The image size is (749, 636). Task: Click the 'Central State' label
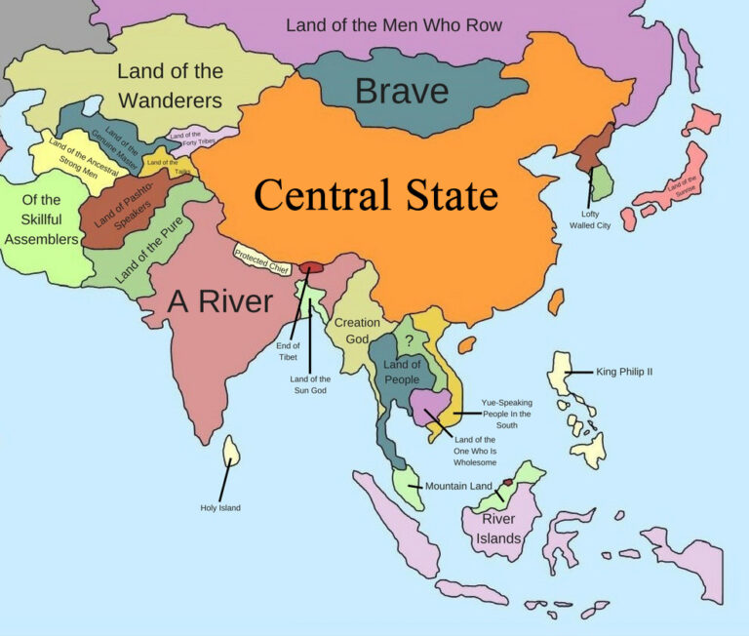point(375,195)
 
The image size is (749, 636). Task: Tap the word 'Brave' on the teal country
point(402,91)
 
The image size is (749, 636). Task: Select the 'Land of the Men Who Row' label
point(394,24)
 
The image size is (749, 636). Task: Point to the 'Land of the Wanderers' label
point(170,85)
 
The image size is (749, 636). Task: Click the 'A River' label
point(219,301)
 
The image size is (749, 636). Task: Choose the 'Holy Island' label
point(219,507)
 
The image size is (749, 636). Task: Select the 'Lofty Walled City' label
point(590,219)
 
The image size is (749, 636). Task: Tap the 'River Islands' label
point(500,528)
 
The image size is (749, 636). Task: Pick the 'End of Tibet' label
point(287,351)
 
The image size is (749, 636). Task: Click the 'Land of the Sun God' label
point(310,384)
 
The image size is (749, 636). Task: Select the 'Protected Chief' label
point(261,260)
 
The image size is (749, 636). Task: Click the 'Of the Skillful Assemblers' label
point(41,219)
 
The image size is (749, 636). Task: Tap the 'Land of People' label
point(402,372)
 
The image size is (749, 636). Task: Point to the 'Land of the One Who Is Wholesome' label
point(475,451)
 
